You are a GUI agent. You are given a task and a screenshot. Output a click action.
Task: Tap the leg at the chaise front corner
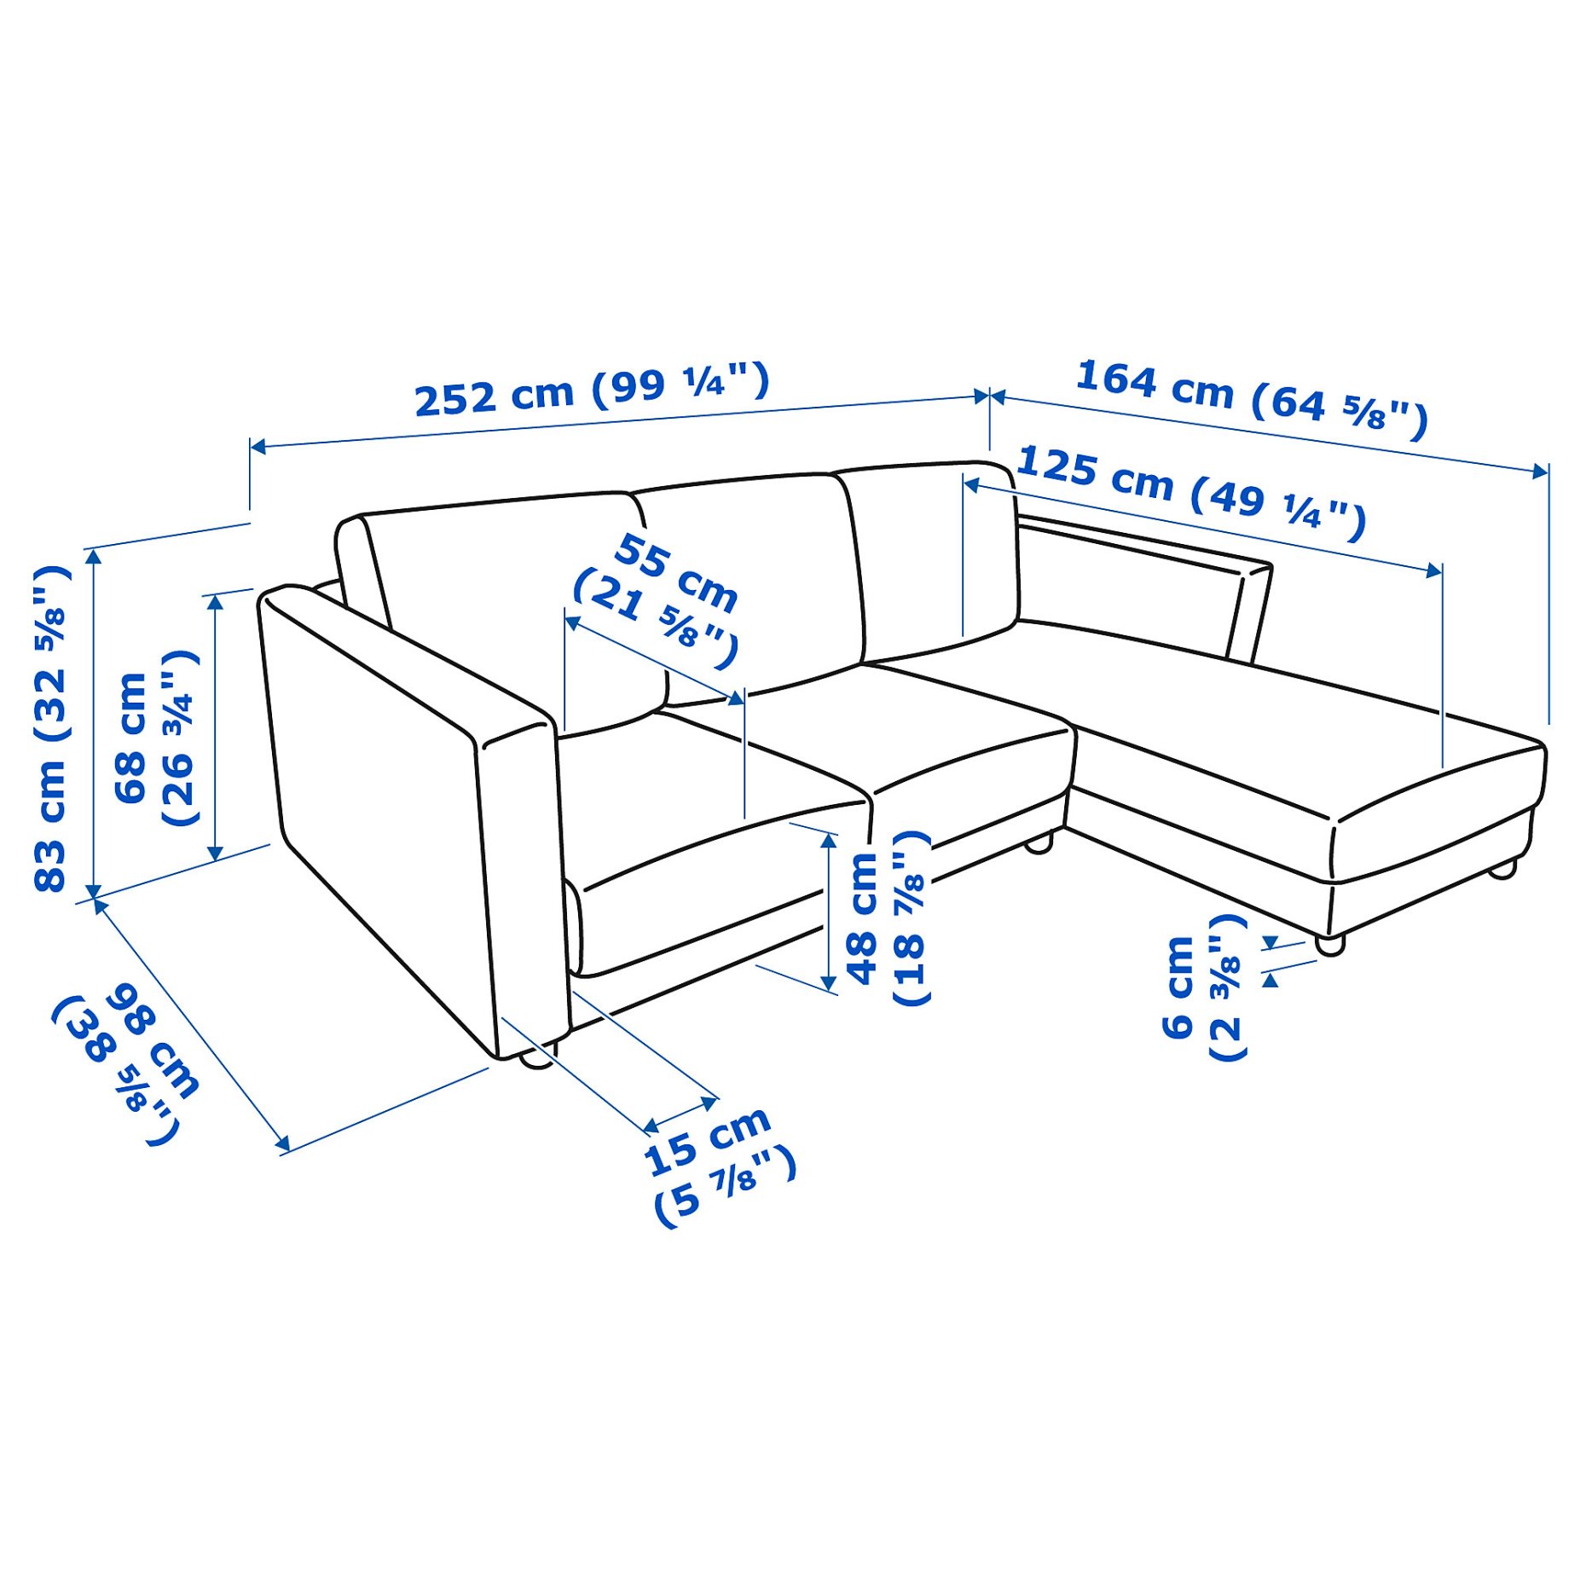click(1329, 944)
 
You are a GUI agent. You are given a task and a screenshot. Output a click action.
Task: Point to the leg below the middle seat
click(1038, 845)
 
